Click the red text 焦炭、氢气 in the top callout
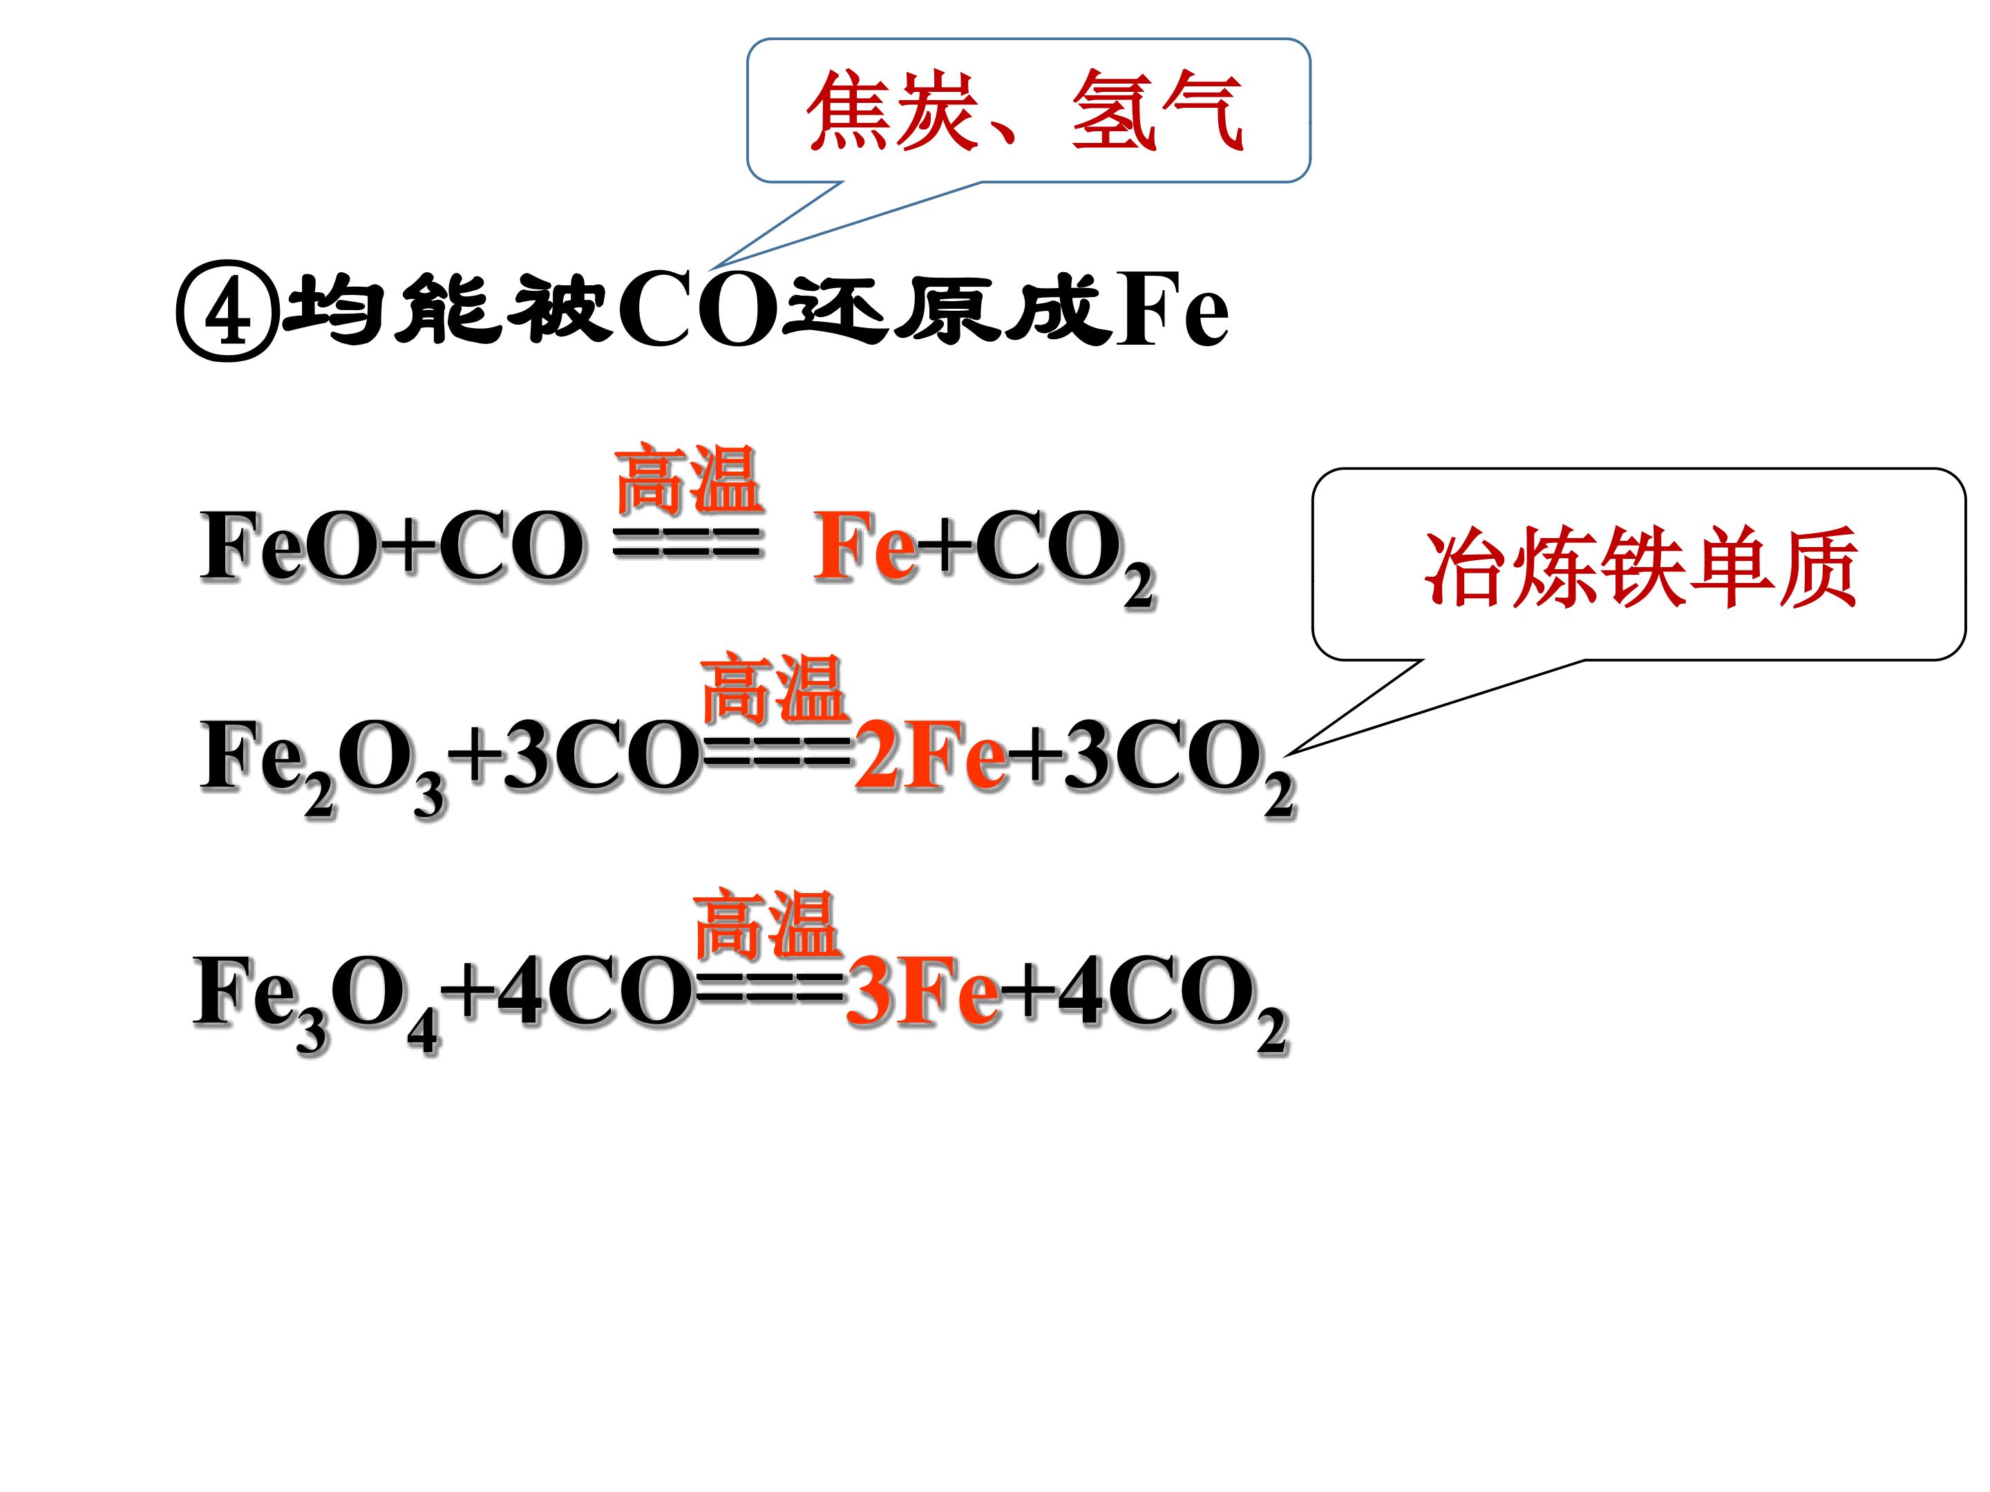tap(1025, 111)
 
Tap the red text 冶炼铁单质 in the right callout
tap(1641, 566)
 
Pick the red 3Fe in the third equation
tap(923, 992)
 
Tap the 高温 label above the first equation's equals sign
tap(688, 479)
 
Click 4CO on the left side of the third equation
tap(593, 992)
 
